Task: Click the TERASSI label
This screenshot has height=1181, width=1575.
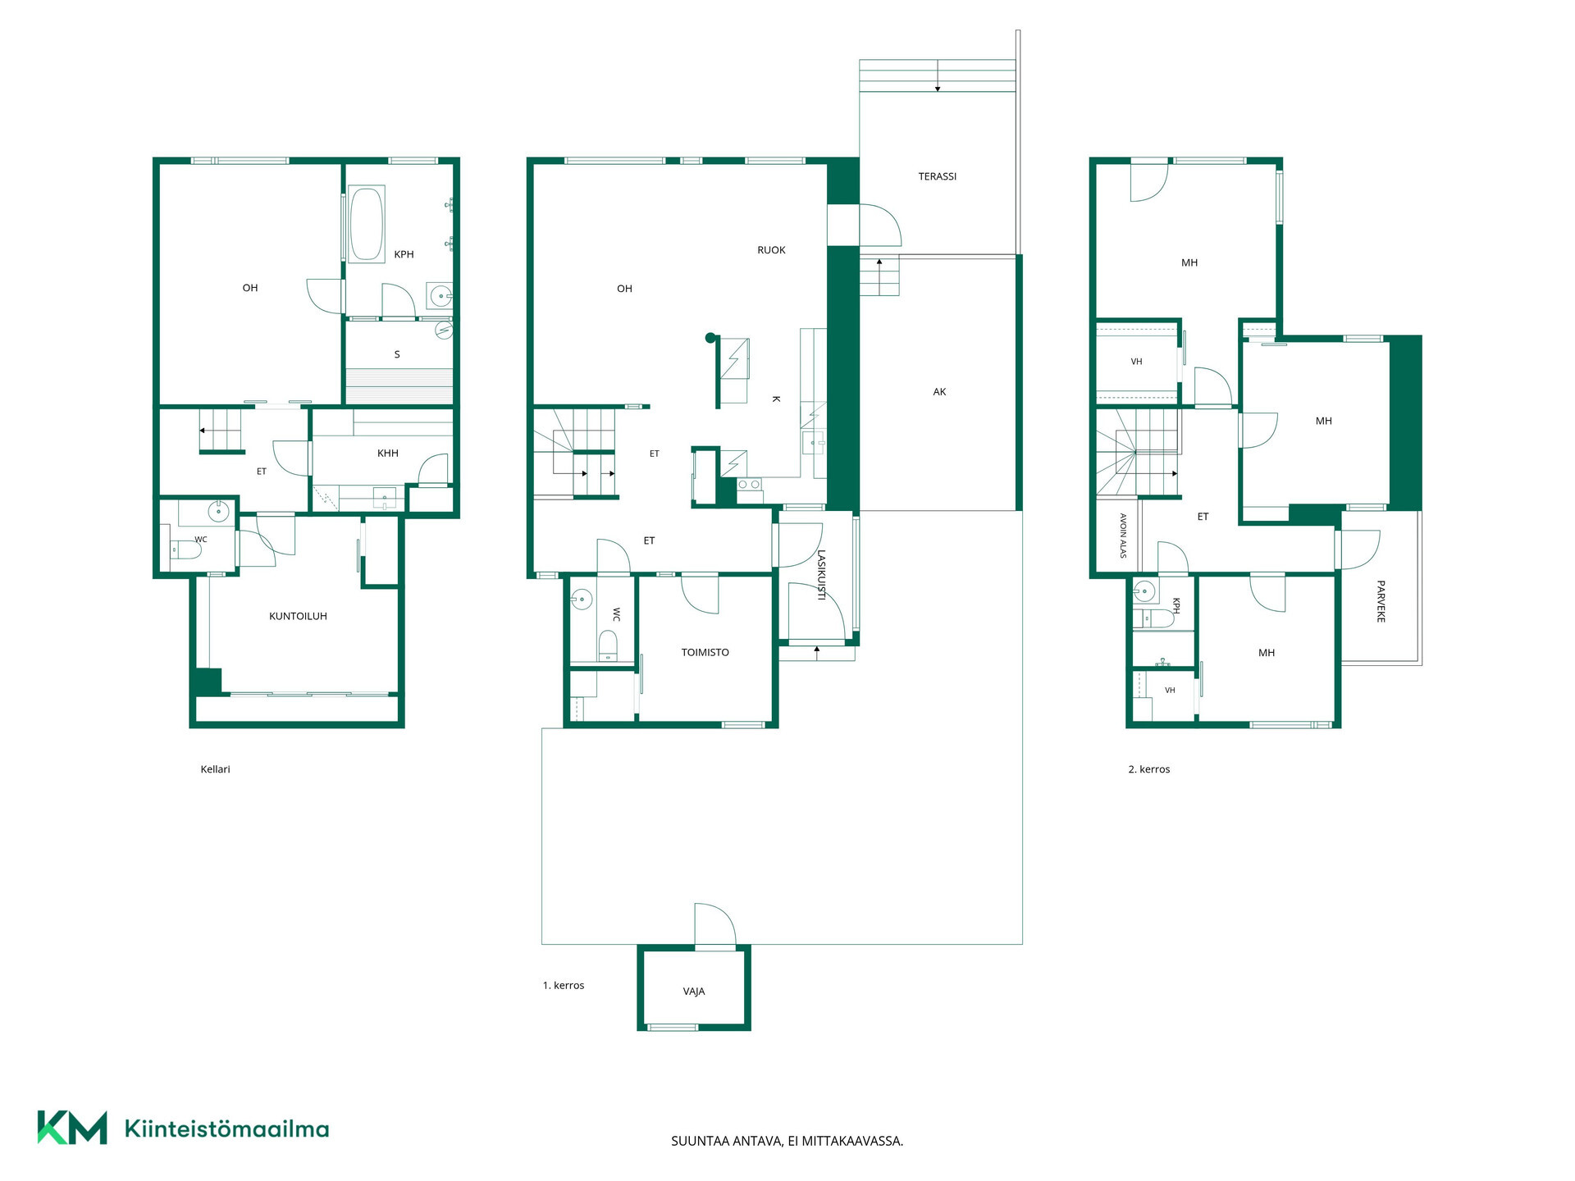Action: coord(937,176)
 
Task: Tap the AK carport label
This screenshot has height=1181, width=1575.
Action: coord(939,392)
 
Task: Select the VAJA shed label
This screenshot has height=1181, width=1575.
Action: coord(694,992)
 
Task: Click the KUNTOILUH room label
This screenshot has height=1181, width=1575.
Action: coord(298,616)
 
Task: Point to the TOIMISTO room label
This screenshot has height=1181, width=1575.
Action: coord(705,653)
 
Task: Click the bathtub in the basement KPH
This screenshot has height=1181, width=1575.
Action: coord(367,224)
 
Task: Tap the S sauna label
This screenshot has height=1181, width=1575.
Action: coord(397,354)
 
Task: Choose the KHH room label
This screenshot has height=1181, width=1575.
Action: coord(388,453)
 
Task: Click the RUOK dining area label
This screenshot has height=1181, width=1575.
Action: coord(771,250)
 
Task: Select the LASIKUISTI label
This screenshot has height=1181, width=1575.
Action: coord(821,575)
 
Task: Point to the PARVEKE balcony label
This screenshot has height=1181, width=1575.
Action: coord(1381,601)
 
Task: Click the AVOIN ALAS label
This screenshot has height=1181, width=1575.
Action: coord(1123,536)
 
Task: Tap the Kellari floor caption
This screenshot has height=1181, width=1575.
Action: coord(215,769)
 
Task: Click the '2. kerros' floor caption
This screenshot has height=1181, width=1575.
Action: coord(1148,769)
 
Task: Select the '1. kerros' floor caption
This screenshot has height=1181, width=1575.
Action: coord(563,986)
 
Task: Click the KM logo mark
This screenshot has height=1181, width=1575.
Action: coord(72,1128)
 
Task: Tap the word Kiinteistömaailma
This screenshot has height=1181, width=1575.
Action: coord(226,1129)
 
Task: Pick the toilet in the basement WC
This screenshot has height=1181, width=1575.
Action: coord(185,549)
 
